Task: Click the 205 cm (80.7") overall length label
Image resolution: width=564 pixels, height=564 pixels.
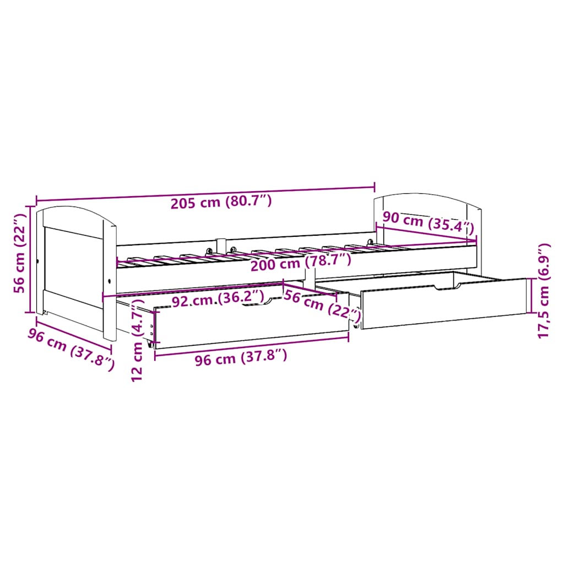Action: coord(221,202)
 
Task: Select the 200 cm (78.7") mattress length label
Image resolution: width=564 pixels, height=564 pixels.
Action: coord(300,264)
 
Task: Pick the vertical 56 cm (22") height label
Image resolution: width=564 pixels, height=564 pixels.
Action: coord(20,259)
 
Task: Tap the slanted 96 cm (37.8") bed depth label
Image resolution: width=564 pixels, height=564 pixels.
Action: coord(72,345)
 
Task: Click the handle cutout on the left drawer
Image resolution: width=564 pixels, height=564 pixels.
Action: coord(259,300)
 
